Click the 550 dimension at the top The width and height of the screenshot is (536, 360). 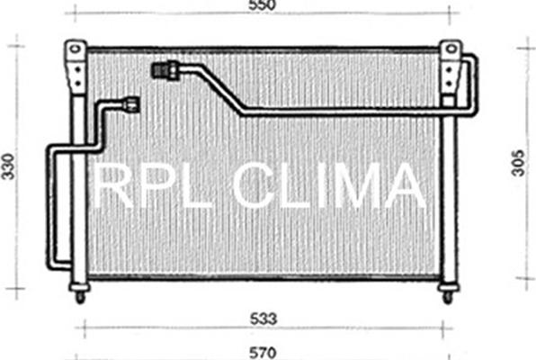pyautogui.click(x=263, y=6)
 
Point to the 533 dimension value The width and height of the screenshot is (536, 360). pyautogui.click(x=263, y=318)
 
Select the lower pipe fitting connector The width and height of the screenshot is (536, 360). pyautogui.click(x=132, y=104)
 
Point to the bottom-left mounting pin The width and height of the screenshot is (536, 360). pyautogui.click(x=80, y=293)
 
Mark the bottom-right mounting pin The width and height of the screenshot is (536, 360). pyautogui.click(x=447, y=293)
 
